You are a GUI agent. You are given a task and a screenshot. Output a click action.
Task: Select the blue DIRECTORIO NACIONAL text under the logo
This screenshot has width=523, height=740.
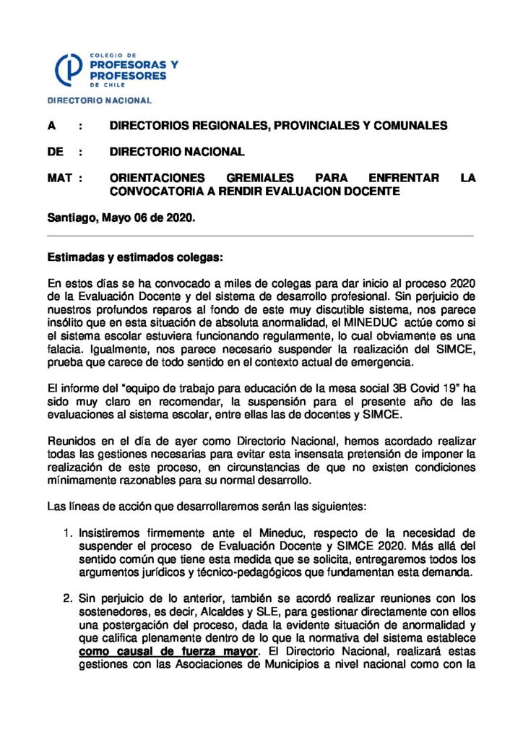click(x=100, y=100)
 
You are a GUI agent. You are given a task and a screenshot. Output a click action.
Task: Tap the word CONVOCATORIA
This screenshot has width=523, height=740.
click(x=152, y=191)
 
